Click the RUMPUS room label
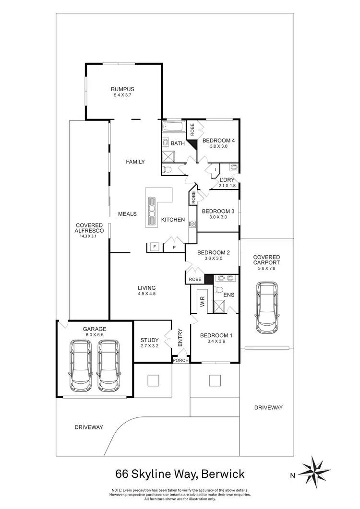(x=122, y=89)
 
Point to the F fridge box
(x=154, y=247)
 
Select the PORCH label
(x=181, y=360)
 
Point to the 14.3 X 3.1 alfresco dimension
(x=87, y=236)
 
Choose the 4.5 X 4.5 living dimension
(x=147, y=294)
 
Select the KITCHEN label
(x=173, y=220)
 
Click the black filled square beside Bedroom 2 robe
(x=208, y=279)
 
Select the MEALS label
(x=128, y=214)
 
